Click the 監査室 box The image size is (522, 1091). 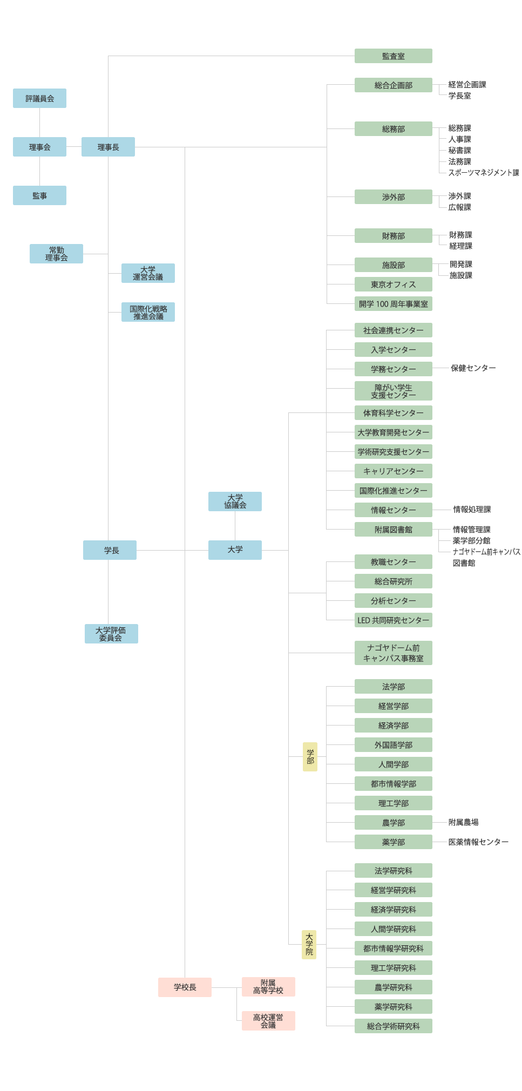[393, 56]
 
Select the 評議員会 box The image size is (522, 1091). [39, 98]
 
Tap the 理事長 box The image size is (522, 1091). [108, 147]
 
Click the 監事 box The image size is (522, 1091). [39, 195]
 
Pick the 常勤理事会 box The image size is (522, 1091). [56, 254]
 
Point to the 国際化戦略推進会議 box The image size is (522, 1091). [148, 312]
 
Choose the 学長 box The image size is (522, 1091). [110, 550]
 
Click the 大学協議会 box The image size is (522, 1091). [235, 502]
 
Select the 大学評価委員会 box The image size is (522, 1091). [111, 634]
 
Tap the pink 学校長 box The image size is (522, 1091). [185, 987]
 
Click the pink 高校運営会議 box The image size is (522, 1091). [268, 1021]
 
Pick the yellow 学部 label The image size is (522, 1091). [310, 756]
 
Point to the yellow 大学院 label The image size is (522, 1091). [309, 944]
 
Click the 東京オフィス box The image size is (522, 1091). [393, 284]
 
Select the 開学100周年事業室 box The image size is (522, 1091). [393, 304]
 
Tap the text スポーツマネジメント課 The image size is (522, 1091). [483, 173]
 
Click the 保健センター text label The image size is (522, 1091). [473, 368]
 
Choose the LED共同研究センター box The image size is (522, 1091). [393, 620]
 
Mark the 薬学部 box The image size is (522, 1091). [393, 842]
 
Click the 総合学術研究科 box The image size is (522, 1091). [393, 1026]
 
